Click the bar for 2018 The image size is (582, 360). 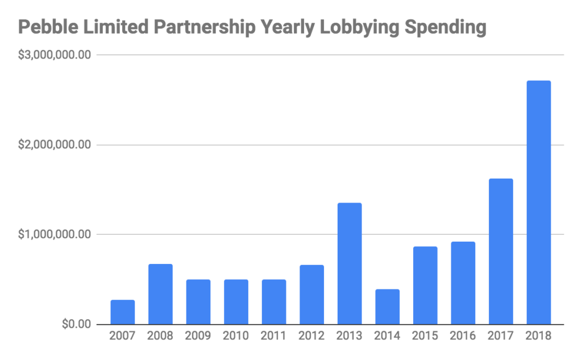pyautogui.click(x=538, y=202)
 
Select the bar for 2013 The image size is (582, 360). pyautogui.click(x=350, y=263)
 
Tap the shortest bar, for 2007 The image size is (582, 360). pyautogui.click(x=123, y=312)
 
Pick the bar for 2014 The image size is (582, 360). pyautogui.click(x=387, y=307)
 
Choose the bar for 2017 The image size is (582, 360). pyautogui.click(x=501, y=251)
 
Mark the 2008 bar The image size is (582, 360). pyautogui.click(x=160, y=294)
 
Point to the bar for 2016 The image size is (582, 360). pyautogui.click(x=463, y=283)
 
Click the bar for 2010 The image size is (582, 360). pyautogui.click(x=236, y=301)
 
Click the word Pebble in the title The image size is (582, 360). pyautogui.click(x=47, y=27)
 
